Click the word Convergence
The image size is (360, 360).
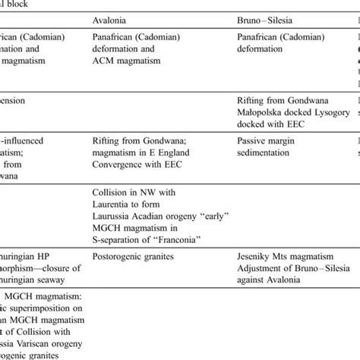coord(124,164)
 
